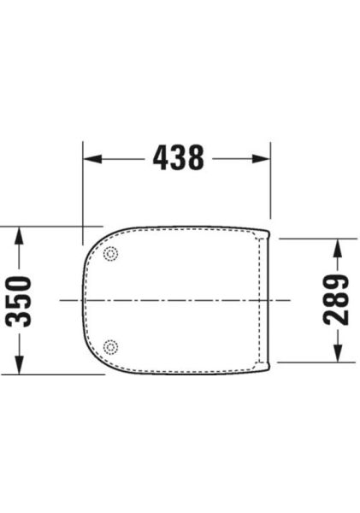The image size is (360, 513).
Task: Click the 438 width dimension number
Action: (179, 158)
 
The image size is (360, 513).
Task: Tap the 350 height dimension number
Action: (19, 301)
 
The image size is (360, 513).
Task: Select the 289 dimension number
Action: (336, 300)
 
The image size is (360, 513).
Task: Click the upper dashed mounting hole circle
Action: (110, 254)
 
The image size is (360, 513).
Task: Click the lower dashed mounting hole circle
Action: (110, 347)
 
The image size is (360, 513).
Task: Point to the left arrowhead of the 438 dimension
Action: (92, 159)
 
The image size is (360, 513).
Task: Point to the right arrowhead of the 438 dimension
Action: (261, 159)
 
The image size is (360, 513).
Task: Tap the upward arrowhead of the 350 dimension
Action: (19, 236)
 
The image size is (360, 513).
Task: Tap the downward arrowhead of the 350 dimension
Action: (19, 365)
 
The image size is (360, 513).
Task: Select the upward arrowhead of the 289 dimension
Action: (338, 248)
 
